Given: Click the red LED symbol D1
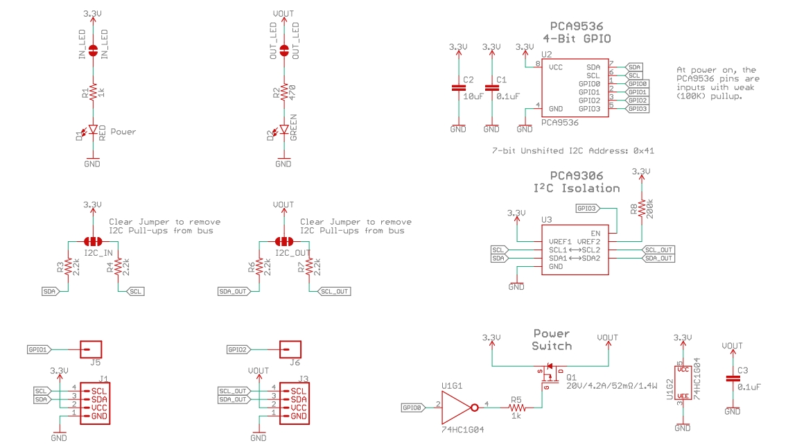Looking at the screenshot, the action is tap(92, 130).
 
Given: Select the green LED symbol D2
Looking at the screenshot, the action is tap(284, 130).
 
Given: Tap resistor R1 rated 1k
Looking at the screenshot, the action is tap(92, 92).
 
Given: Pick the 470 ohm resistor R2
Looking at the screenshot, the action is tap(284, 92).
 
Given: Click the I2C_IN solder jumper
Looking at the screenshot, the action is tap(92, 241).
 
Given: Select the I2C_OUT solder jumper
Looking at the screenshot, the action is tap(284, 241).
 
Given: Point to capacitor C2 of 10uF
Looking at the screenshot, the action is tap(458, 88).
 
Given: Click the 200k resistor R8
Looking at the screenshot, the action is tap(641, 209).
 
